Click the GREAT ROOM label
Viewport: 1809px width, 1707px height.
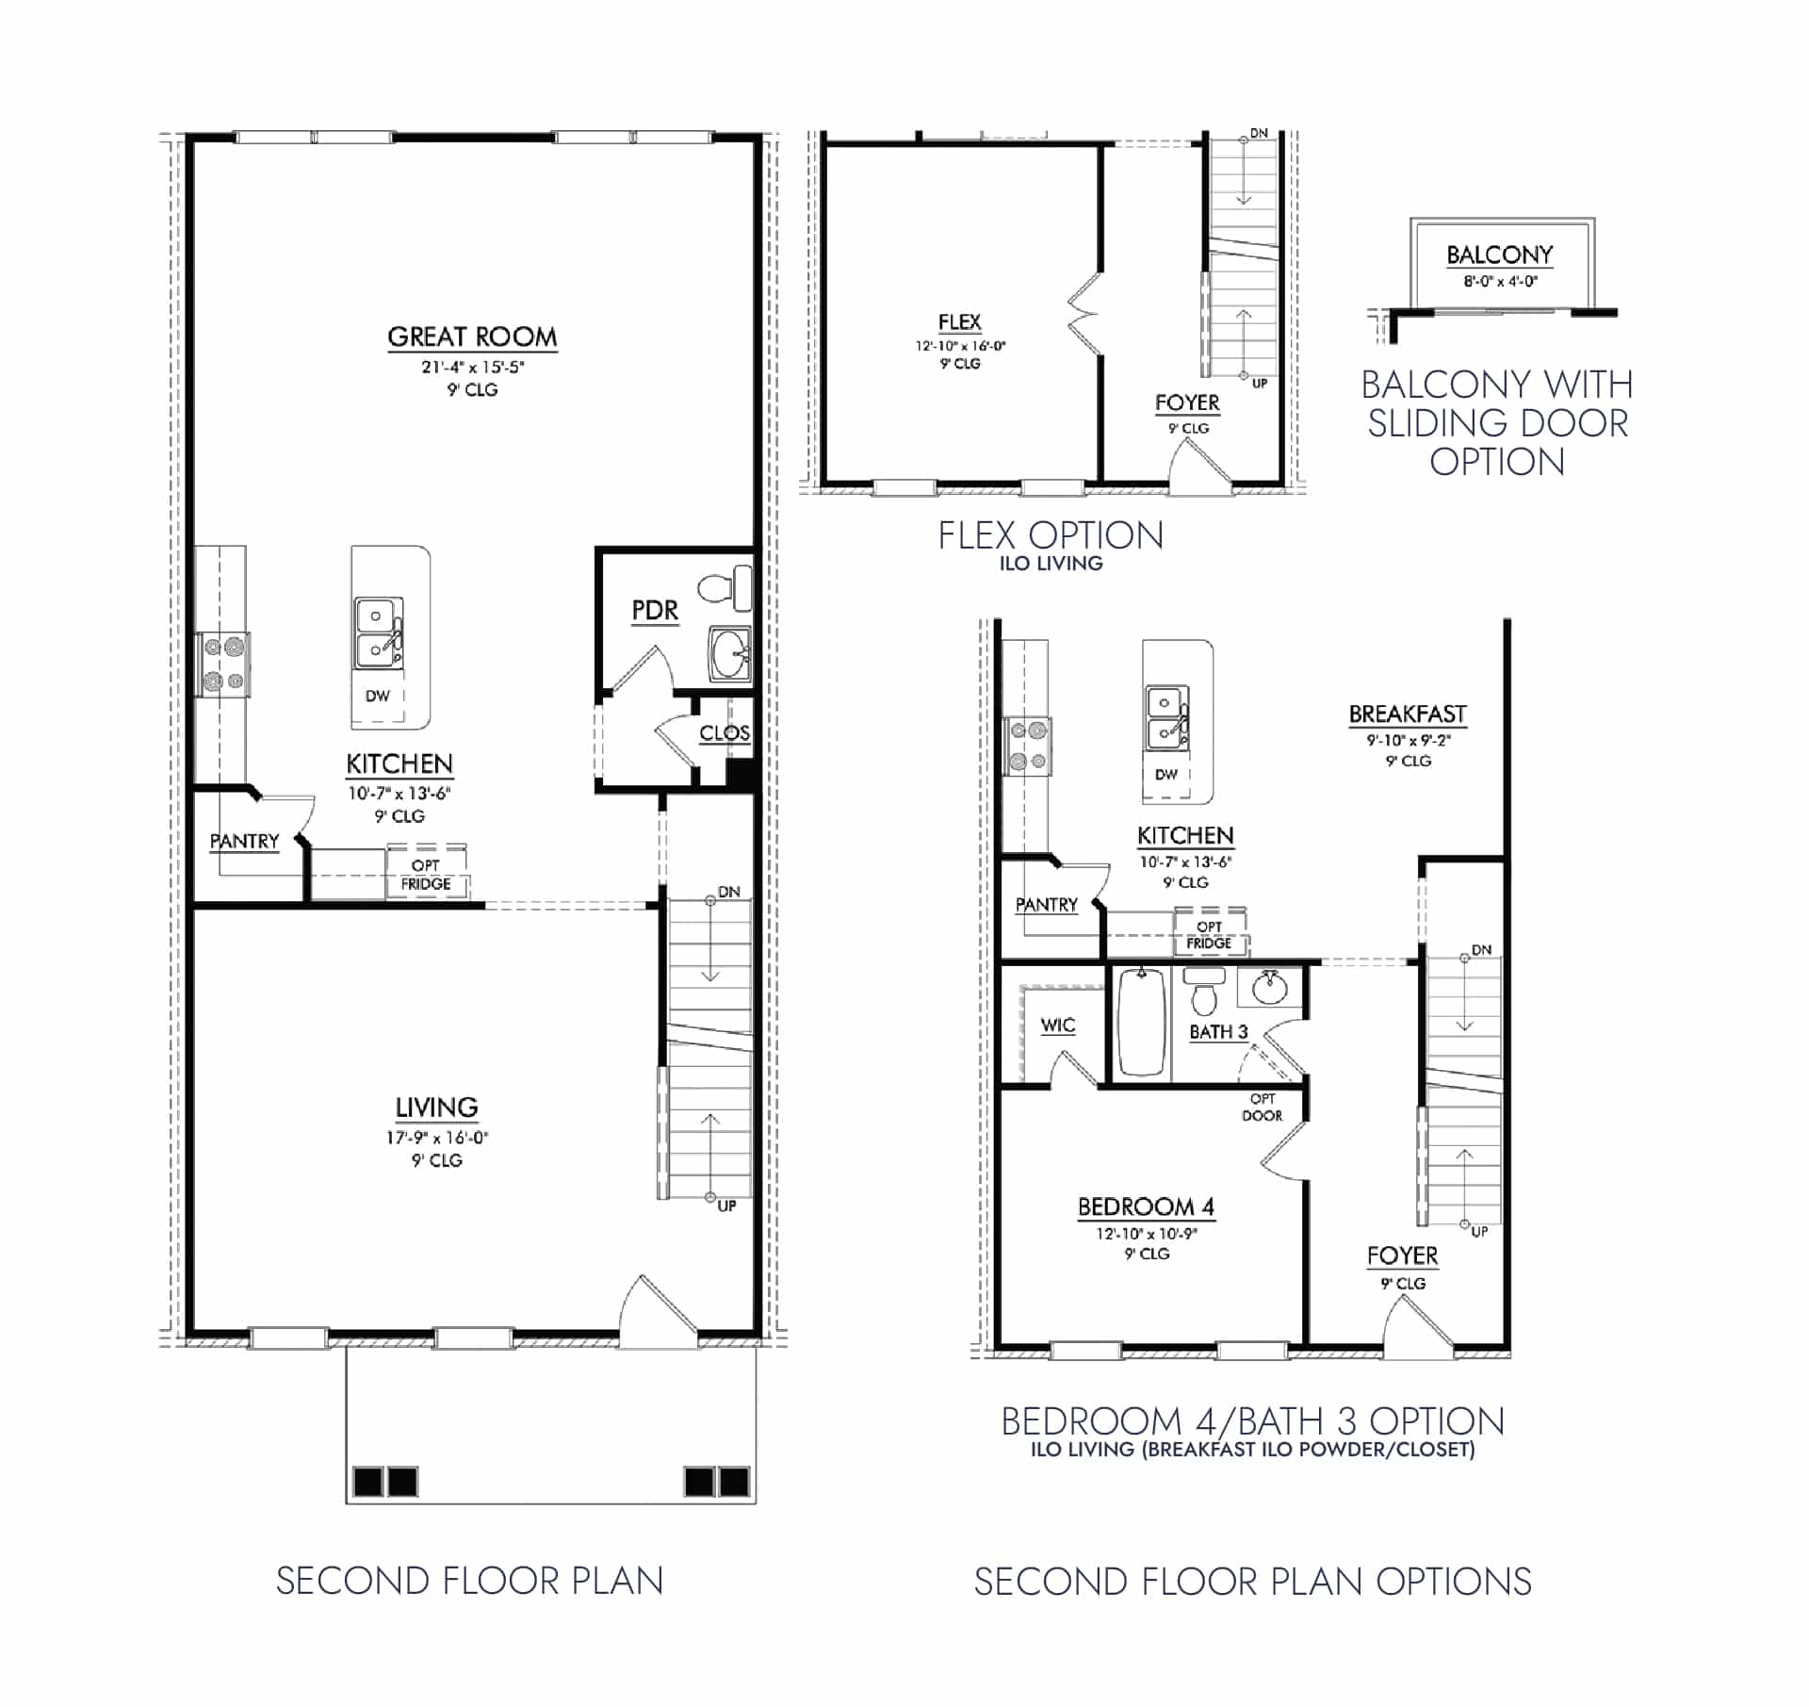point(472,336)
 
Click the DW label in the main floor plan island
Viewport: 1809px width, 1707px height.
point(378,696)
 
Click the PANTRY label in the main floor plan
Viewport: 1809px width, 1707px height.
point(244,841)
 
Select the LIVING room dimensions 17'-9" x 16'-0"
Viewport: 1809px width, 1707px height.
point(436,1138)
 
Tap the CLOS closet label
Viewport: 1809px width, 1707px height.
point(724,732)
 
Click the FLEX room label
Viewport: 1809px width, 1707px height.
point(959,322)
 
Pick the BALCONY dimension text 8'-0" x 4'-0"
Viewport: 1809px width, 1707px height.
point(1500,281)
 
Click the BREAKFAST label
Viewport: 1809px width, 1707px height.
point(1408,714)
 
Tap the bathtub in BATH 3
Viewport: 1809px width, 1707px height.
point(1141,1023)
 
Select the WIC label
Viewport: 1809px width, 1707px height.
point(1057,1026)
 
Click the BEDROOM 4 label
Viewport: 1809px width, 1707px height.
point(1146,1206)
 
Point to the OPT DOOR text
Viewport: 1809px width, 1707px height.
point(1262,1108)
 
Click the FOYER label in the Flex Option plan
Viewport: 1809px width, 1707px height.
point(1187,402)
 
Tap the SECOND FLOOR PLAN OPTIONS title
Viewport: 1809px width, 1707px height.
point(1252,1582)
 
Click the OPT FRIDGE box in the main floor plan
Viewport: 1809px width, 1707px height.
point(426,874)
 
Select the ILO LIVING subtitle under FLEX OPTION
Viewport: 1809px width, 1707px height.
point(1051,564)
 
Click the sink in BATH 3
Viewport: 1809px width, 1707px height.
point(1269,989)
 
